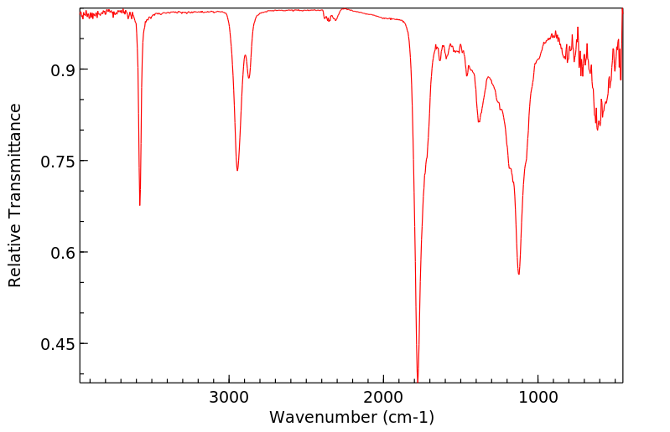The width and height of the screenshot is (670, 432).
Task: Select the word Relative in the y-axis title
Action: [x=15, y=260]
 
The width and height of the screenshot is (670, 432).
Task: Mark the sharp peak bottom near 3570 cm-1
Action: [x=140, y=205]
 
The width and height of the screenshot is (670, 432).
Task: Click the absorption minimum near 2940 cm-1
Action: [x=237, y=171]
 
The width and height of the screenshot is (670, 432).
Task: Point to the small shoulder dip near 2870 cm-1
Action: [x=249, y=78]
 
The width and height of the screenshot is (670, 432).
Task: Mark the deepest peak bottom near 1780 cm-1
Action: [x=418, y=378]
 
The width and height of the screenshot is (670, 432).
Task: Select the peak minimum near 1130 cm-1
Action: [x=519, y=274]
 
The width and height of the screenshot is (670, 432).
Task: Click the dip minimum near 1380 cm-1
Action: [x=479, y=122]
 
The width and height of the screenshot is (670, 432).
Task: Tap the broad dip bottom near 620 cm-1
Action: [x=597, y=129]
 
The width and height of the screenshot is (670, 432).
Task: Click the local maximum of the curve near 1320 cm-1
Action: [x=488, y=77]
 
